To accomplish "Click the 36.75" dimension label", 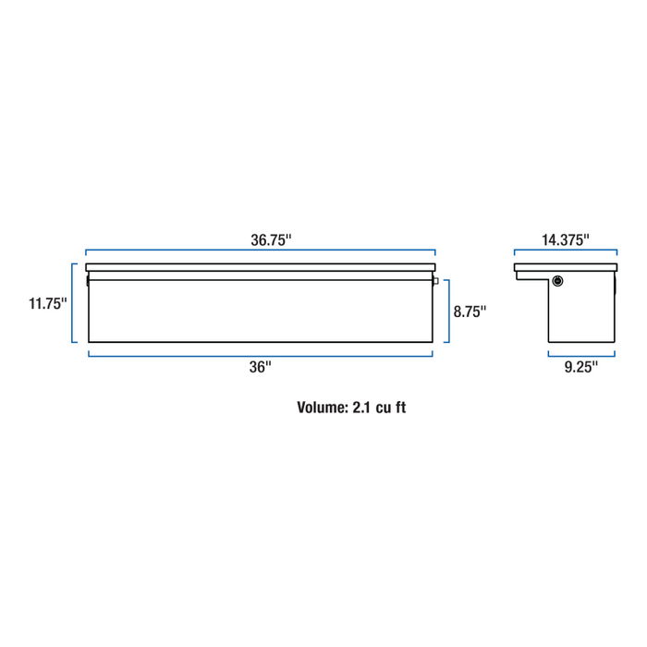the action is [x=271, y=239].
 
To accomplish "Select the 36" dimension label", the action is [x=260, y=367].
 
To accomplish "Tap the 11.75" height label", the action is [x=47, y=303].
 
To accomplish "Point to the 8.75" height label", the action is [x=470, y=311].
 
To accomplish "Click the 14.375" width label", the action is [x=566, y=239].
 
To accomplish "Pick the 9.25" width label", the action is [x=581, y=367].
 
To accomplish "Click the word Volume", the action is [x=323, y=408].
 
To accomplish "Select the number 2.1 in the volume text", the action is [x=362, y=408].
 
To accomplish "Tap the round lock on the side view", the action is [x=557, y=281].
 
